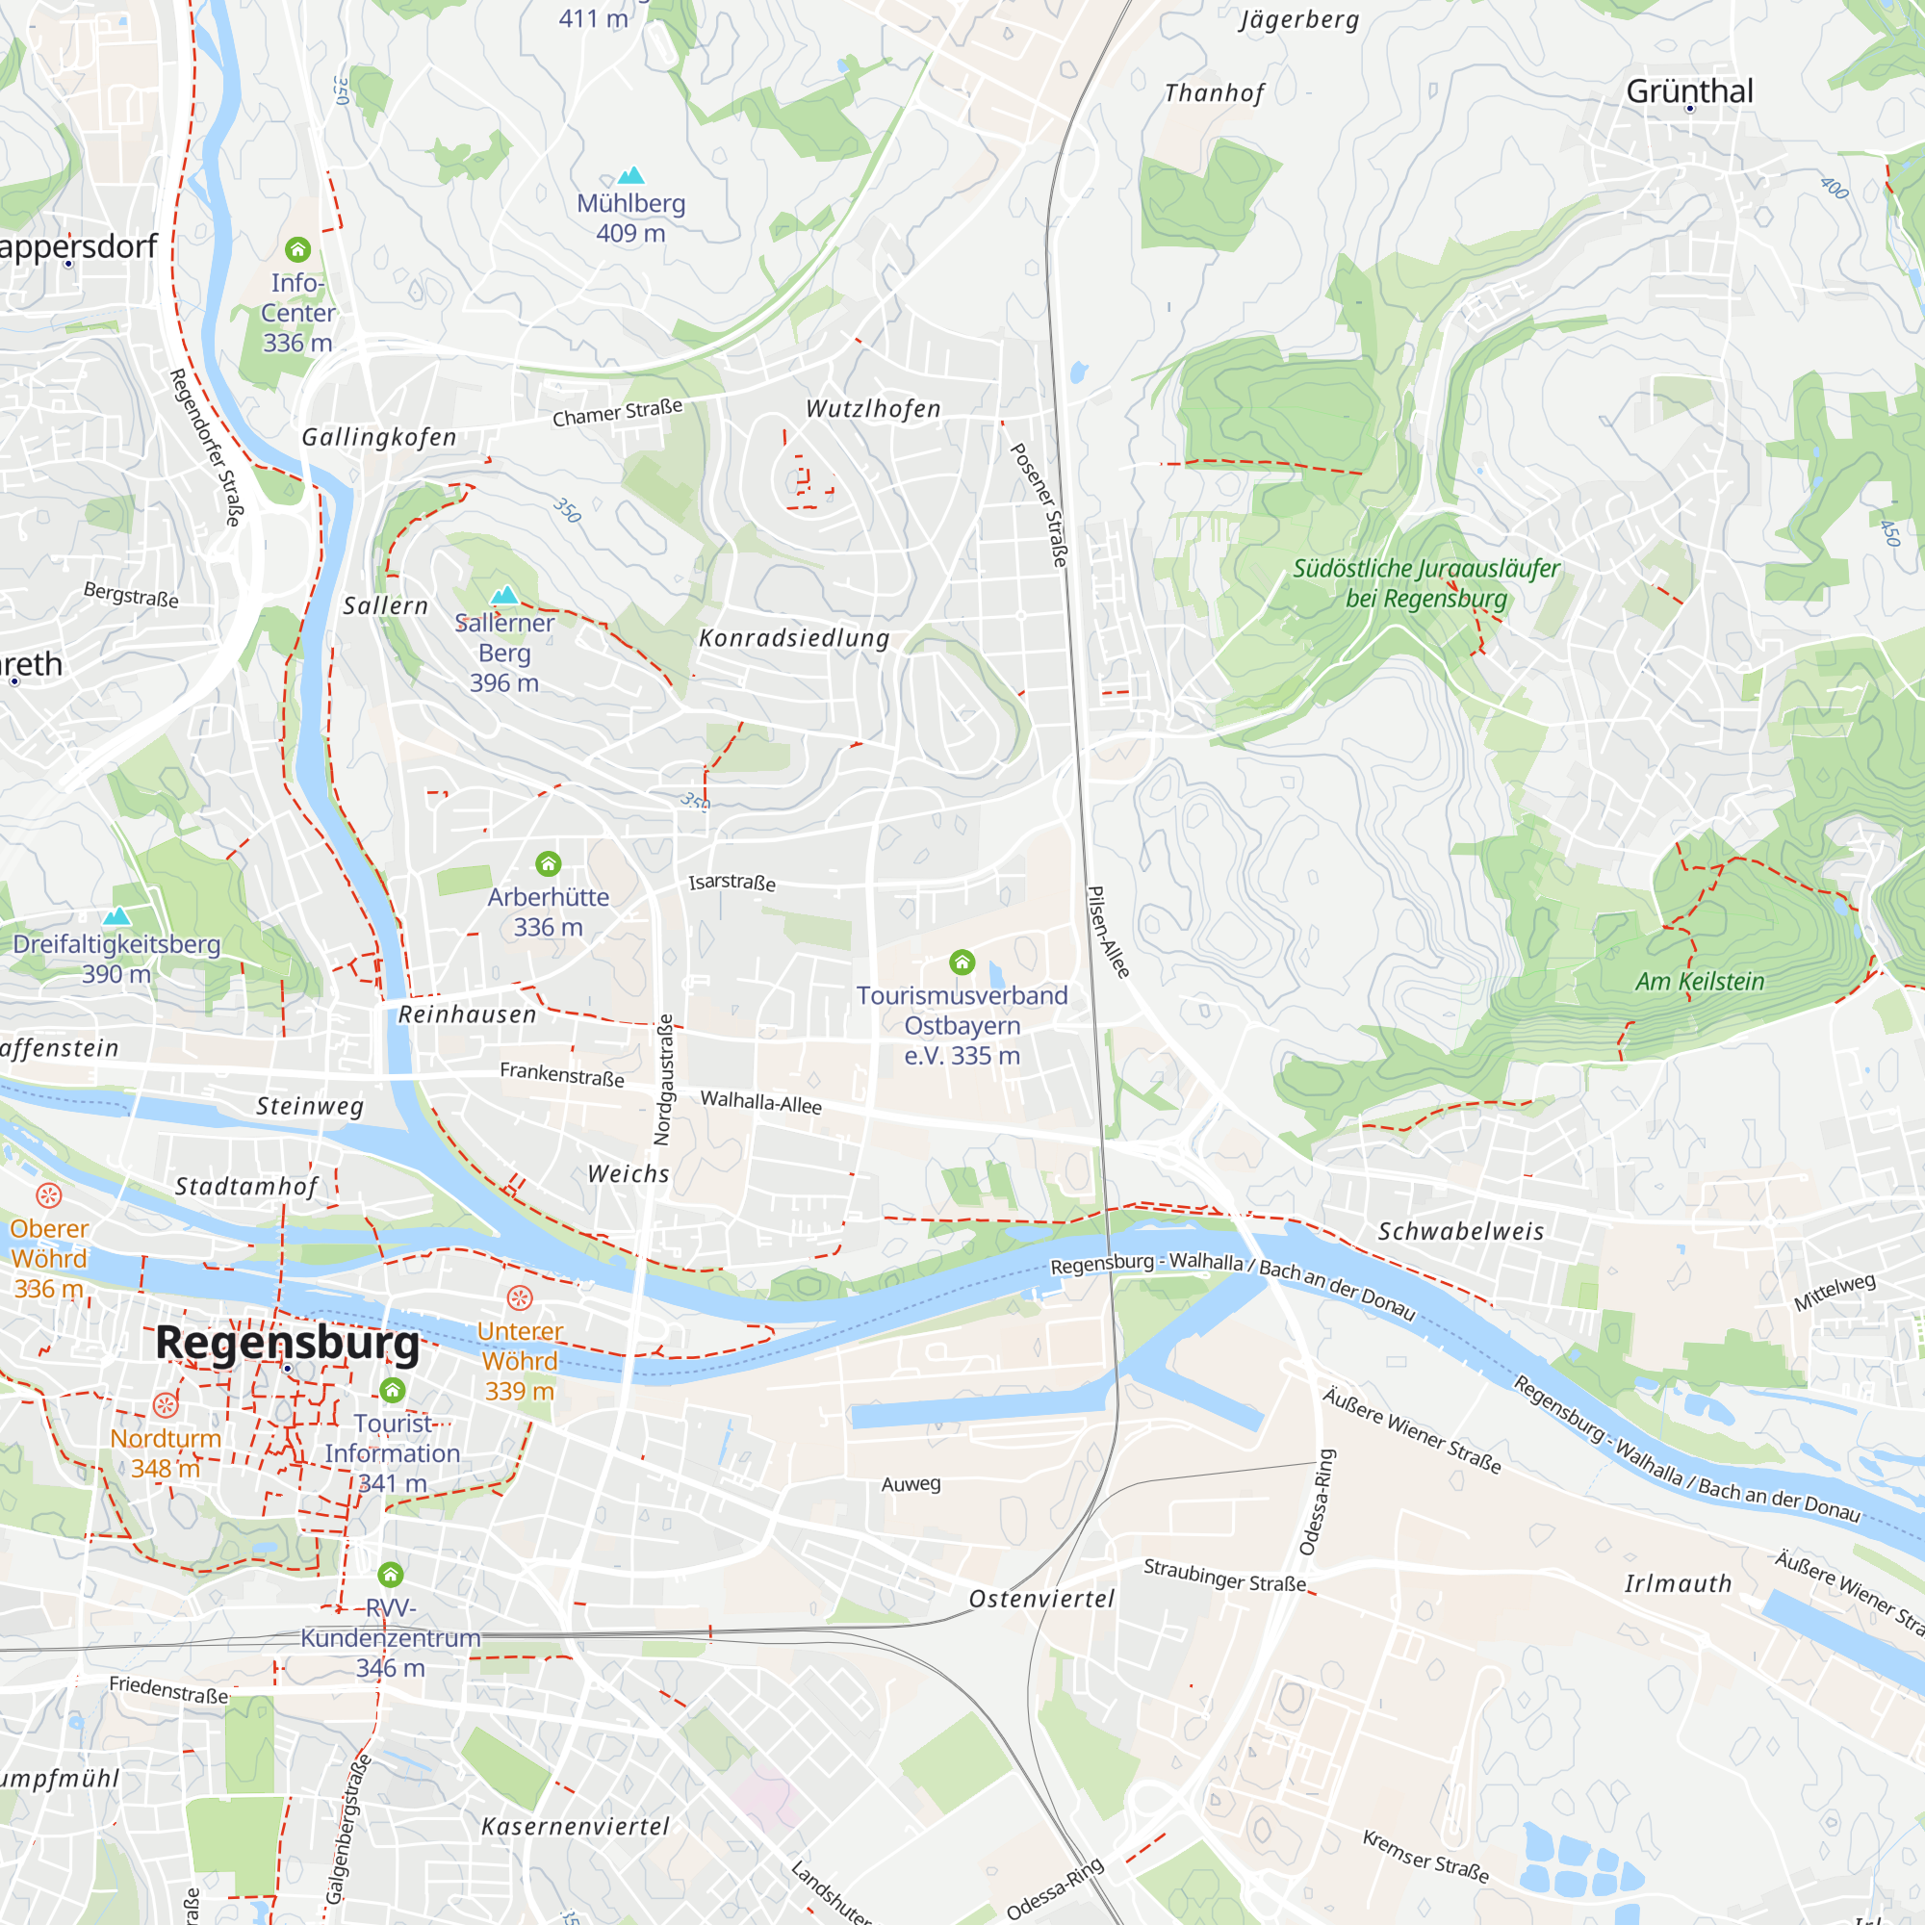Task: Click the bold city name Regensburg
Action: pos(287,1342)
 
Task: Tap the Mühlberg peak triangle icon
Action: pos(630,176)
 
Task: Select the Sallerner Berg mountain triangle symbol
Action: pos(504,596)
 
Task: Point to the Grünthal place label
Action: pos(1689,91)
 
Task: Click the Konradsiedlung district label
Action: pos(794,638)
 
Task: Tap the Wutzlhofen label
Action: pos(873,408)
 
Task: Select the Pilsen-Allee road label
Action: pos(1108,932)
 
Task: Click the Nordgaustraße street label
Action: pos(663,1080)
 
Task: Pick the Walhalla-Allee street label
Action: pos(761,1102)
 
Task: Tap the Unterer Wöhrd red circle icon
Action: pos(519,1297)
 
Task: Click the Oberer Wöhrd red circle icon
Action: pos(49,1194)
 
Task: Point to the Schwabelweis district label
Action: pos(1461,1232)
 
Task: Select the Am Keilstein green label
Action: pos(1699,982)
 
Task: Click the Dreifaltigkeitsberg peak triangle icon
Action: pos(116,915)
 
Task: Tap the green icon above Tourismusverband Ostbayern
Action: pos(962,962)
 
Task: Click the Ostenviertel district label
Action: pos(1041,1599)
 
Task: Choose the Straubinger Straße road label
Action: pos(1224,1576)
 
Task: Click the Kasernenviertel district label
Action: pos(575,1827)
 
